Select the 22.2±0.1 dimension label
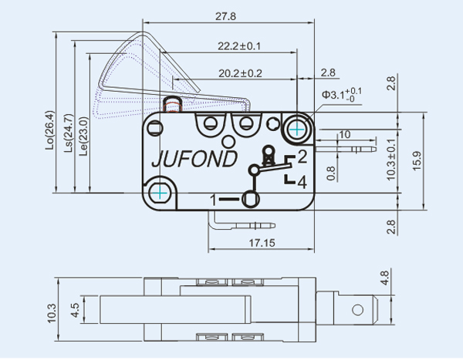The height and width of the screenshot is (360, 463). pyautogui.click(x=239, y=46)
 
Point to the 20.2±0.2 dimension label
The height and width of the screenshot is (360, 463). pyautogui.click(x=240, y=73)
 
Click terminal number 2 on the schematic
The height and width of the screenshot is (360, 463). pyautogui.click(x=302, y=158)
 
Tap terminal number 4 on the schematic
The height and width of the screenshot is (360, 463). pyautogui.click(x=302, y=182)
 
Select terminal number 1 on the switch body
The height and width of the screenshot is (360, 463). pyautogui.click(x=215, y=200)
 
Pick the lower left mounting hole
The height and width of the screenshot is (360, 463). pyautogui.click(x=161, y=190)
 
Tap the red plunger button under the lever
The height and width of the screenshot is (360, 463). pyautogui.click(x=172, y=103)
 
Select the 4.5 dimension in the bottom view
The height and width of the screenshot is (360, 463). pyautogui.click(x=74, y=311)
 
